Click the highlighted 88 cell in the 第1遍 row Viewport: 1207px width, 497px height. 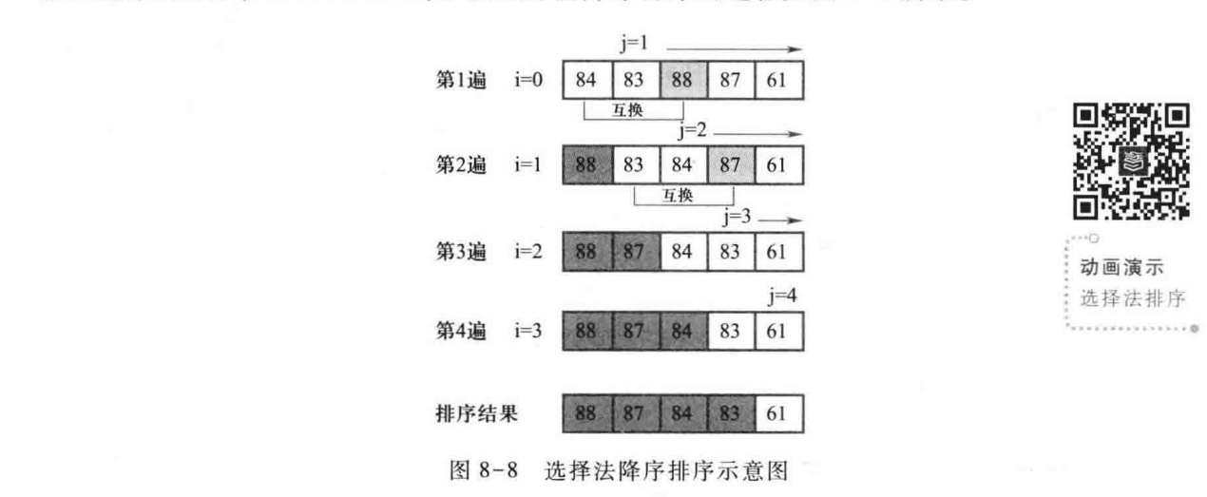683,80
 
